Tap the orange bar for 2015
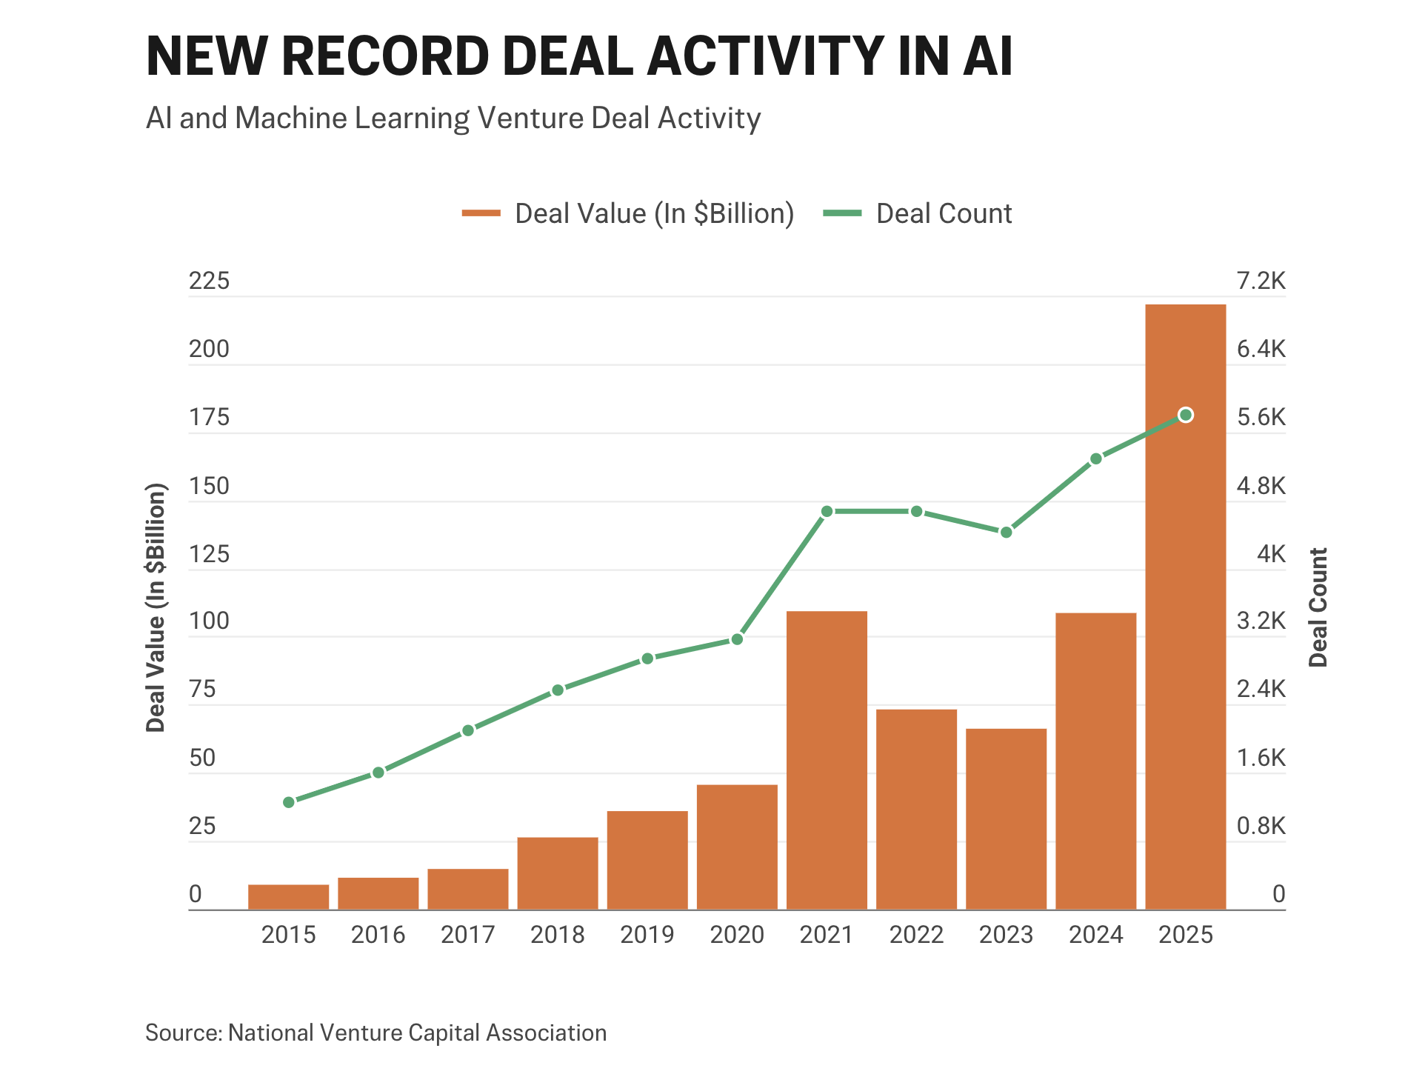pos(289,897)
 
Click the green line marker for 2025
pos(1185,415)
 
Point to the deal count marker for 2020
pos(737,639)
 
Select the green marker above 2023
pos(1006,533)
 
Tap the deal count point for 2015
pos(289,802)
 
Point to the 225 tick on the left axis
pos(210,281)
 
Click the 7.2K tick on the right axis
pos(1261,281)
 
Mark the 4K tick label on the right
pos(1271,554)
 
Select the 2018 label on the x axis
pos(557,935)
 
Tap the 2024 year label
pos(1095,935)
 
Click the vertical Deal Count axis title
pos(1318,607)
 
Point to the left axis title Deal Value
pos(156,607)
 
